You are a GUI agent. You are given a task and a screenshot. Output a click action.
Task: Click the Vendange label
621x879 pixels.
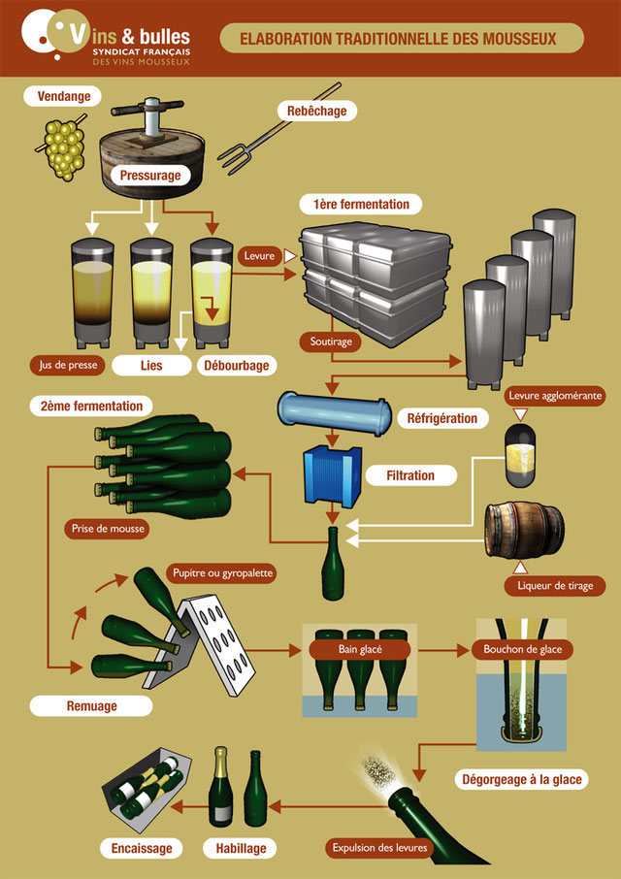pyautogui.click(x=63, y=96)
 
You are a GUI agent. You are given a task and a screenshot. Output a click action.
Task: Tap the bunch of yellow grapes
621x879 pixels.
pyautogui.click(x=62, y=147)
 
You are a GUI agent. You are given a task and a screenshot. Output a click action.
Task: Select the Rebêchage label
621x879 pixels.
pyautogui.click(x=316, y=111)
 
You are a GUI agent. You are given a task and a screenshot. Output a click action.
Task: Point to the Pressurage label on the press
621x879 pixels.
pyautogui.click(x=150, y=176)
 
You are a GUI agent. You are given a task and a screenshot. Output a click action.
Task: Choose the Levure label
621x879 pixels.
pyautogui.click(x=259, y=256)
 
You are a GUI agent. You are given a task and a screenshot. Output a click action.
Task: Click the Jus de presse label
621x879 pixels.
pyautogui.click(x=67, y=366)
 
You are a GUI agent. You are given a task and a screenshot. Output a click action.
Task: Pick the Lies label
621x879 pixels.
pyautogui.click(x=151, y=366)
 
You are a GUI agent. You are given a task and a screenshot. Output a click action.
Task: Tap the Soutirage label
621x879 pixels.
pyautogui.click(x=331, y=342)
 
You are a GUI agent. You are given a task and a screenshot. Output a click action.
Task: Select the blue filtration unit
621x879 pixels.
pyautogui.click(x=333, y=476)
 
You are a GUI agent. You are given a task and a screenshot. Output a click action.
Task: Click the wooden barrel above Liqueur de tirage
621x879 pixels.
pyautogui.click(x=525, y=531)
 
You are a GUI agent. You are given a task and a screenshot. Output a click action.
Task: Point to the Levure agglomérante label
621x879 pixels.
pyautogui.click(x=555, y=396)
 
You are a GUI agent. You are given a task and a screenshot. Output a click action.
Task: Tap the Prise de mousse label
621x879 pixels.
pyautogui.click(x=108, y=529)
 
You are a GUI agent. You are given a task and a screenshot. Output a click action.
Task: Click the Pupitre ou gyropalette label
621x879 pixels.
pyautogui.click(x=222, y=574)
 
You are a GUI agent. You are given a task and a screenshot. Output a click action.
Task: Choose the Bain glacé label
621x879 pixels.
pyautogui.click(x=359, y=650)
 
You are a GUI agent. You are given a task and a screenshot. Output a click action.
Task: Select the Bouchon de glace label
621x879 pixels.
pyautogui.click(x=522, y=650)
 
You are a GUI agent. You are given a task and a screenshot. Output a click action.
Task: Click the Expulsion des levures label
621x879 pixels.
pyautogui.click(x=379, y=848)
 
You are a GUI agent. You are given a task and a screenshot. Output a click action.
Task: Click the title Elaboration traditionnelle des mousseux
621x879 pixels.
pyautogui.click(x=398, y=38)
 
